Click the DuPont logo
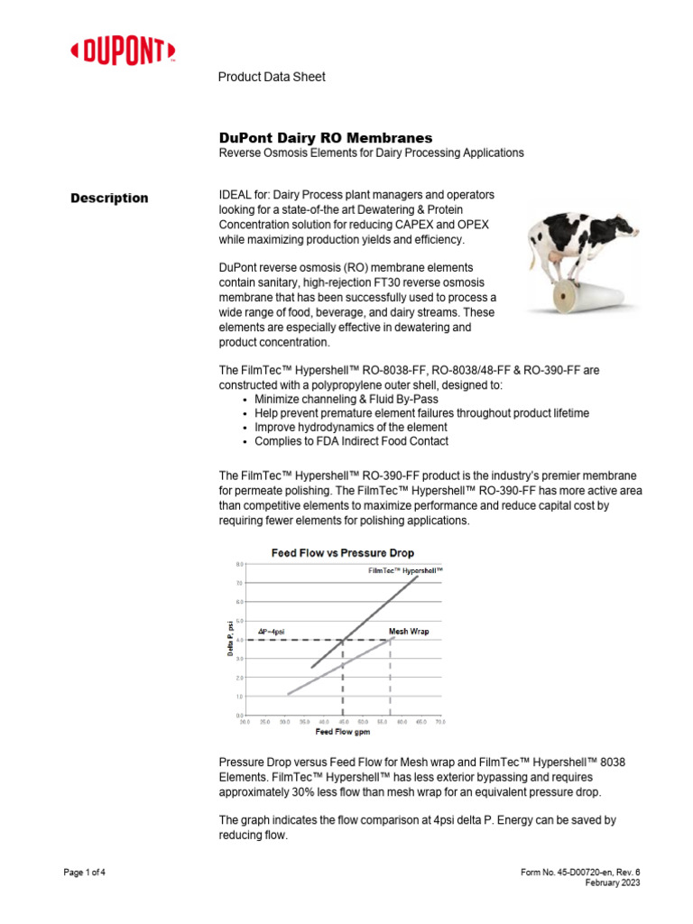click(123, 51)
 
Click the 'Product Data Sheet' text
click(272, 78)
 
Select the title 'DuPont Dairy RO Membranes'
click(326, 138)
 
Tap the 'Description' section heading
click(109, 199)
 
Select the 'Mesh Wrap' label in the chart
click(408, 632)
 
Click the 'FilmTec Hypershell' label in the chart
click(405, 571)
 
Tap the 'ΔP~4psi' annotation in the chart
click(272, 632)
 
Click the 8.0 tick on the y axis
click(238, 564)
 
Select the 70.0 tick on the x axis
click(440, 722)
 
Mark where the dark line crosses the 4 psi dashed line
click(343, 640)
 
